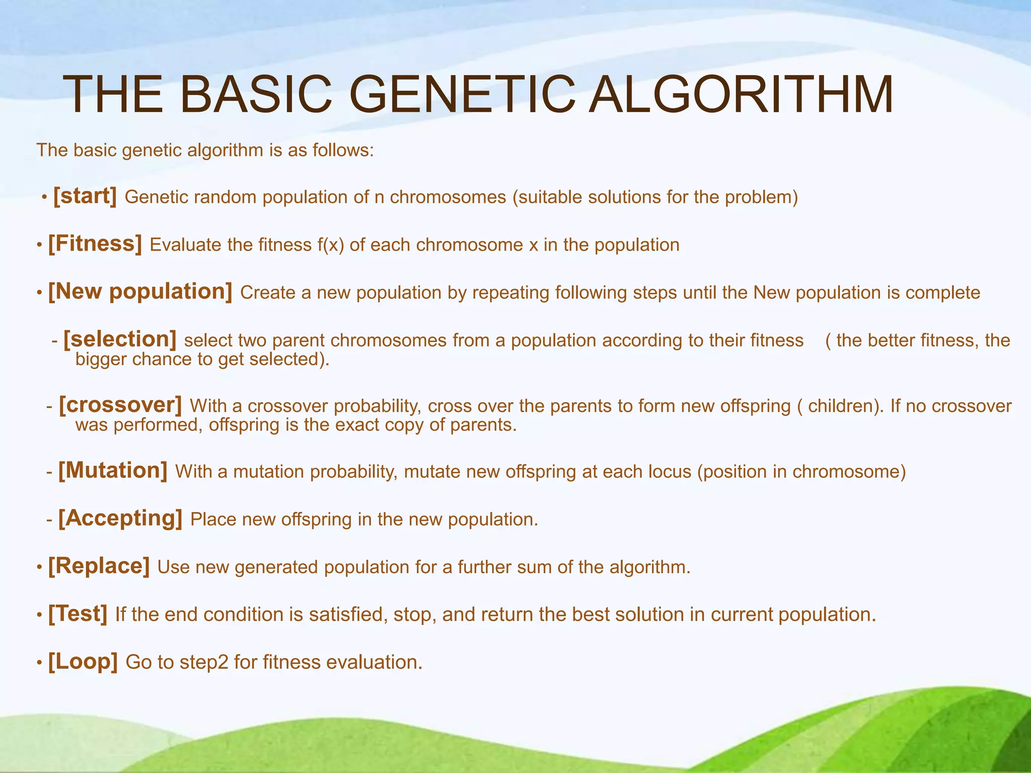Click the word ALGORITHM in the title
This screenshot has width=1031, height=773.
click(741, 95)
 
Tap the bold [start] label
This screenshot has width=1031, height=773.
click(85, 196)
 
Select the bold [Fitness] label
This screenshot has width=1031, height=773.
click(95, 244)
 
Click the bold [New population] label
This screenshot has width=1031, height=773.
click(140, 291)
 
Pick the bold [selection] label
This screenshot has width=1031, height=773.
click(120, 339)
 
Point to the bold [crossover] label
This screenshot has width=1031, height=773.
click(120, 405)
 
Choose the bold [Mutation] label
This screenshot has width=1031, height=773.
click(113, 471)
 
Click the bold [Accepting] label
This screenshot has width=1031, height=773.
click(120, 518)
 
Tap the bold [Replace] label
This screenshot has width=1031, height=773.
click(99, 566)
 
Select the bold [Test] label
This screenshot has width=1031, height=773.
click(78, 613)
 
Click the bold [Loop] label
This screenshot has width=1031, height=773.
click(83, 661)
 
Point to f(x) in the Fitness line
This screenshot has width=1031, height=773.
click(330, 245)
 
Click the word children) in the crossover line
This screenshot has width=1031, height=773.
click(845, 406)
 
